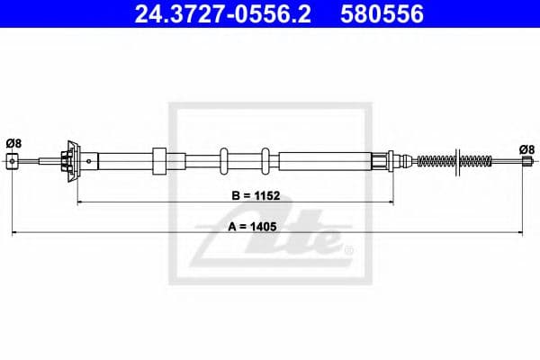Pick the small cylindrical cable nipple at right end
(x=526, y=162)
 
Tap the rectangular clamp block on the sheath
(x=160, y=161)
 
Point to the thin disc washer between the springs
(x=456, y=162)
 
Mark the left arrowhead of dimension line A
(x=14, y=235)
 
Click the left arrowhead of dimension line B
(x=79, y=203)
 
